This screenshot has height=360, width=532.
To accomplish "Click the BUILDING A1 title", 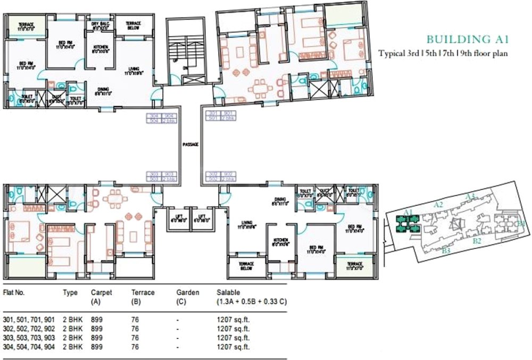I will (x=469, y=39).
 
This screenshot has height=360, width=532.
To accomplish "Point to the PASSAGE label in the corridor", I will (x=190, y=144).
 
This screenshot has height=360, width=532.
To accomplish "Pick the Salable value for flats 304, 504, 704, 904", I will (x=233, y=347).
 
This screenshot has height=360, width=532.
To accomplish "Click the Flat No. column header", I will (x=14, y=292).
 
